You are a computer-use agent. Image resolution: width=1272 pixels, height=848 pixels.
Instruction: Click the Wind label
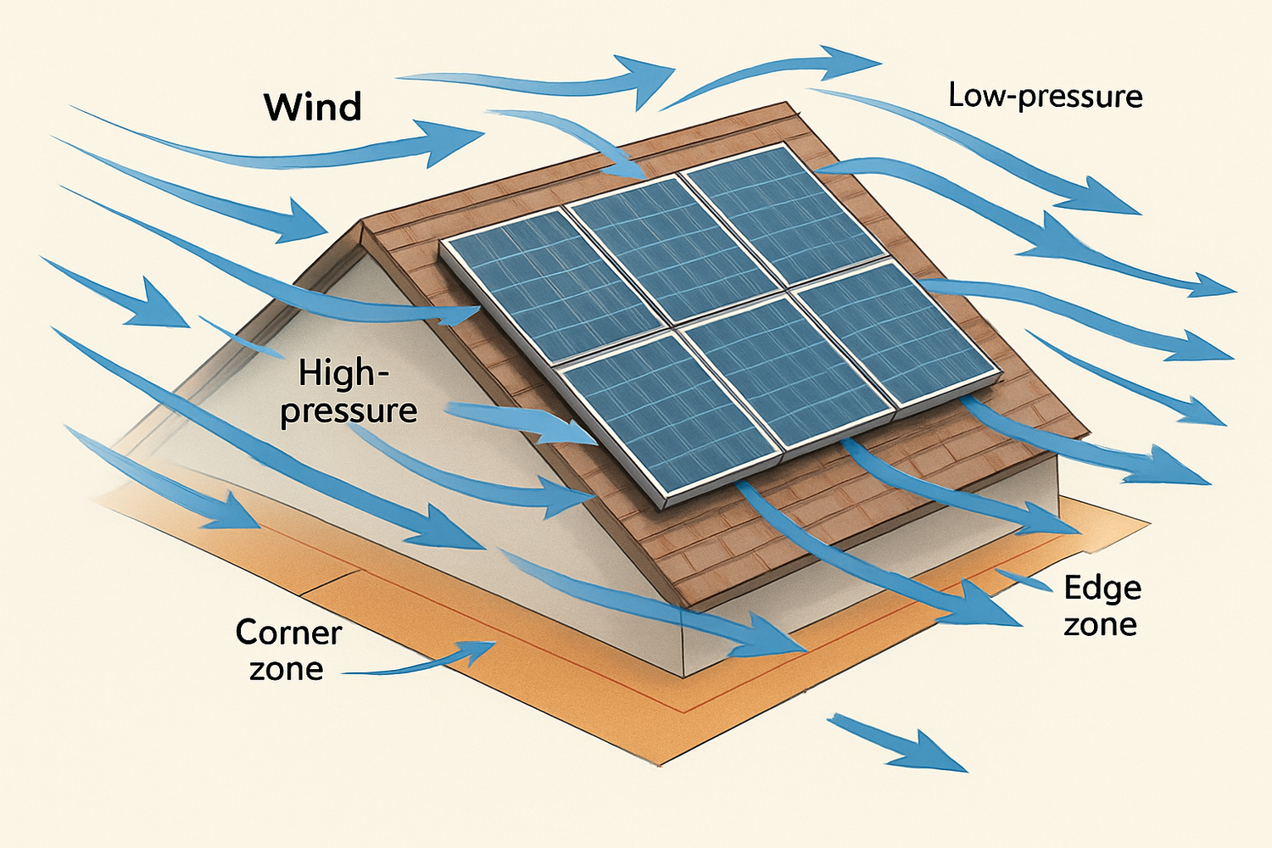pyautogui.click(x=313, y=108)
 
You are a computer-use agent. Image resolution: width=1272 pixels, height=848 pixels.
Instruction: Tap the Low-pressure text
pyautogui.click(x=1045, y=96)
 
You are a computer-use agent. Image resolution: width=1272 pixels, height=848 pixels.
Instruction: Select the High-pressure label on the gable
pyautogui.click(x=349, y=392)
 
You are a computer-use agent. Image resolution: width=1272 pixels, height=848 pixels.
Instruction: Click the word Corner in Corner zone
pyautogui.click(x=288, y=633)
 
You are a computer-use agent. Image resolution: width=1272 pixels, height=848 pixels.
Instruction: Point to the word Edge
pyautogui.click(x=1102, y=588)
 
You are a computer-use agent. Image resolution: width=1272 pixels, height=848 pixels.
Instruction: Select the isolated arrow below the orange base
pyautogui.click(x=899, y=743)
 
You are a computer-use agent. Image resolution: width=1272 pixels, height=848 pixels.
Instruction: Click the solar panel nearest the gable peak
pyautogui.click(x=551, y=284)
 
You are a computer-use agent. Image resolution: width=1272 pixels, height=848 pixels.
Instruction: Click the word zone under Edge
pyautogui.click(x=1100, y=625)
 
